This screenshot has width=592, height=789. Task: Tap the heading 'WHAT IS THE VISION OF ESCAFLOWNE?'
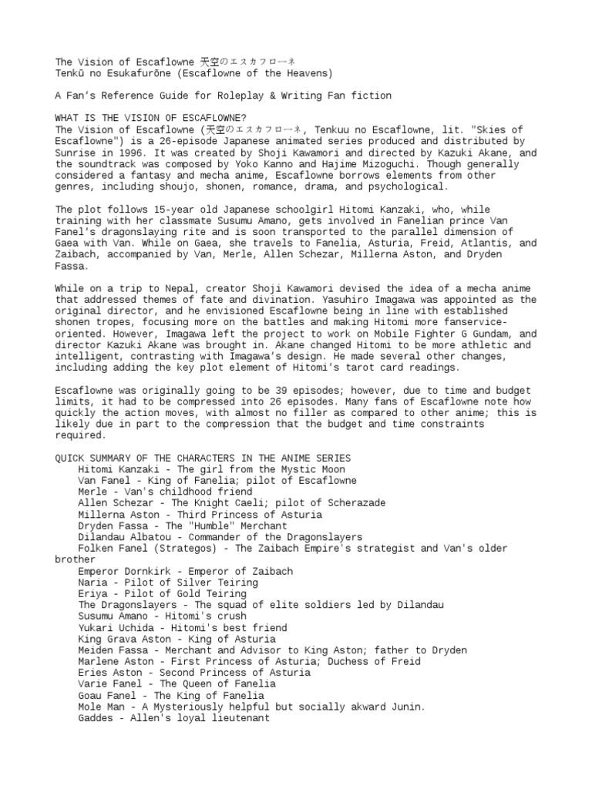[150, 117]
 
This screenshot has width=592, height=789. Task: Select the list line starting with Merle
[165, 492]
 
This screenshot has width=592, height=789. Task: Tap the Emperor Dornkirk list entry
[185, 571]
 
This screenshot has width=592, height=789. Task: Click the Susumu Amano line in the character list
[162, 616]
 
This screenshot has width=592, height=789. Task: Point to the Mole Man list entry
[251, 707]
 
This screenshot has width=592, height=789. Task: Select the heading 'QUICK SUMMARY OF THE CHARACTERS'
[203, 458]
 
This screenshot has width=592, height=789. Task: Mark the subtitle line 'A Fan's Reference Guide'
[223, 96]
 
